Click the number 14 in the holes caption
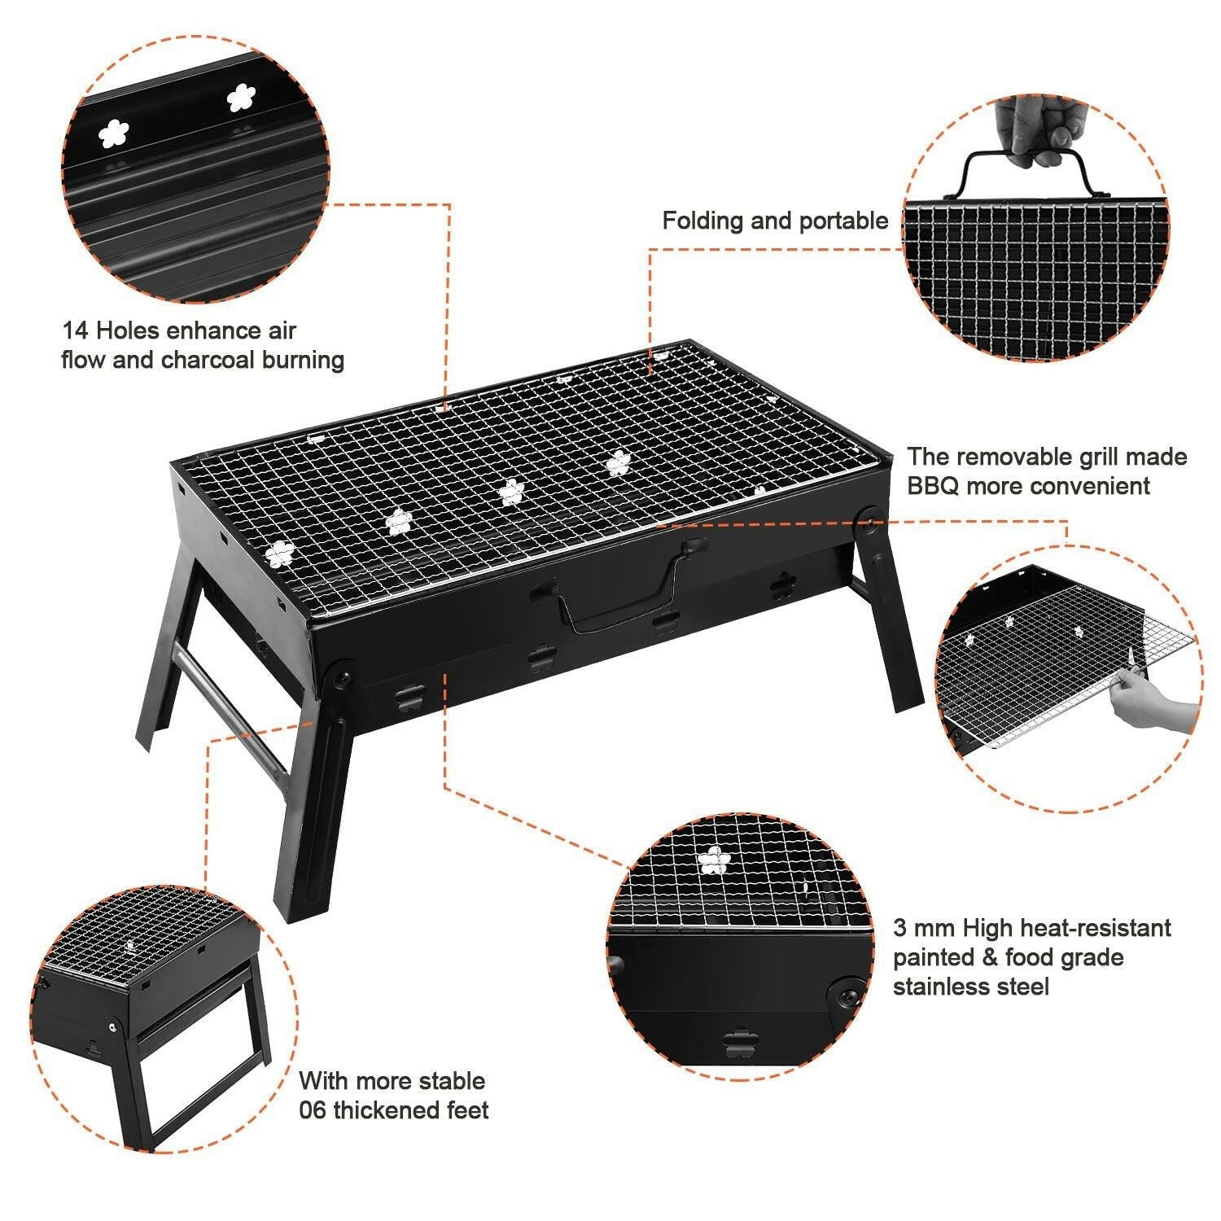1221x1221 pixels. click(x=76, y=330)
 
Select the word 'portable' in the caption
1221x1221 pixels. click(x=843, y=221)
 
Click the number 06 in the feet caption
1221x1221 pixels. click(x=313, y=1110)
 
